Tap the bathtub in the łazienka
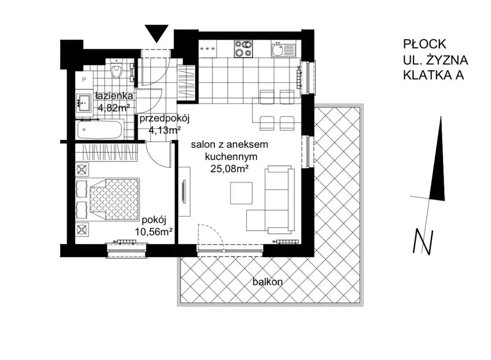[x=99, y=130]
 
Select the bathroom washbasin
[x=83, y=102]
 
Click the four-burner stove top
[x=243, y=49]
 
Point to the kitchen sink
[x=283, y=50]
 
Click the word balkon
[x=268, y=282]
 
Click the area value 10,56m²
[x=154, y=232]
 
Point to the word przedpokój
[x=165, y=119]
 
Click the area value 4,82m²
[x=114, y=108]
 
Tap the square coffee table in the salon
[x=241, y=193]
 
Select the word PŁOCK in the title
[x=424, y=44]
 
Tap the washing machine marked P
[x=83, y=79]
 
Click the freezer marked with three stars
[x=208, y=49]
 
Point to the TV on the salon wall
[x=184, y=192]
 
